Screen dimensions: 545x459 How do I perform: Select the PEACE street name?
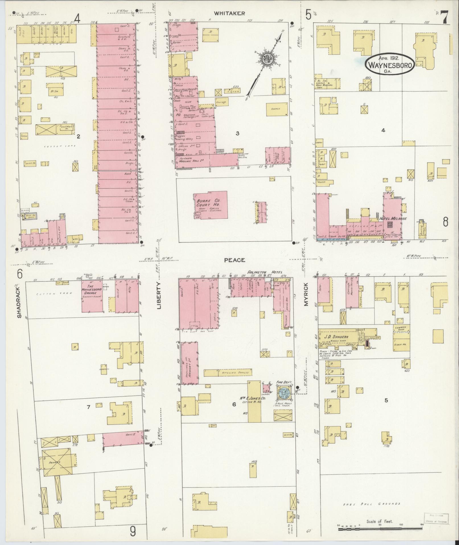234,260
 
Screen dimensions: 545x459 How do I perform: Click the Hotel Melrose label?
393,219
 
